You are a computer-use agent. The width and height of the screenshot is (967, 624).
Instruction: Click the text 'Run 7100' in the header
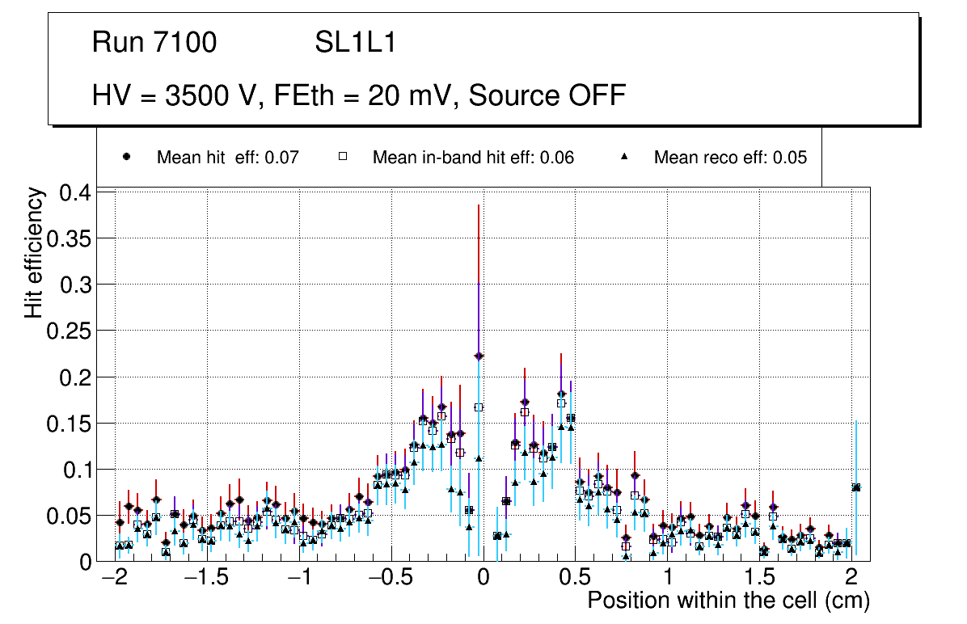(154, 43)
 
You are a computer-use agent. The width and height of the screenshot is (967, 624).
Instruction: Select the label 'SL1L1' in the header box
(356, 43)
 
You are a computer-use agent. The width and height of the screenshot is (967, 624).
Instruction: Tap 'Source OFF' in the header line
(547, 95)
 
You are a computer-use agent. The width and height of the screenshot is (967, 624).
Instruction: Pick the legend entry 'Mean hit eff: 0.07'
(228, 158)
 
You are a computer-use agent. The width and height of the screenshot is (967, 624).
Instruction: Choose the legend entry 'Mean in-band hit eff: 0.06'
(473, 158)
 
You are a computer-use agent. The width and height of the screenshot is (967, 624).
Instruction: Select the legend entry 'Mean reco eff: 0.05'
(730, 158)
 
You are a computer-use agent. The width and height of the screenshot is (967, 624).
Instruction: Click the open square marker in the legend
(342, 157)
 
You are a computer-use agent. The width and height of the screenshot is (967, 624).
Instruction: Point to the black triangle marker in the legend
(624, 157)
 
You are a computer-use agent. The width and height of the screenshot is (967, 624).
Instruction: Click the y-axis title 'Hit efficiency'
(35, 252)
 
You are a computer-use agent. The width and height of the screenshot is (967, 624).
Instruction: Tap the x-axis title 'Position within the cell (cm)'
(728, 601)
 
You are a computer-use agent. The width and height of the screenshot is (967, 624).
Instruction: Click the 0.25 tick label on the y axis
(71, 331)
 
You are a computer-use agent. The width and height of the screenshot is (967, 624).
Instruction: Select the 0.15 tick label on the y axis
(71, 424)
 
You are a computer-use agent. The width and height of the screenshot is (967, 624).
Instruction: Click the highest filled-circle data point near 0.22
(479, 356)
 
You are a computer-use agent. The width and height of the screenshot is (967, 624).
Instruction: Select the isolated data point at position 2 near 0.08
(856, 487)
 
